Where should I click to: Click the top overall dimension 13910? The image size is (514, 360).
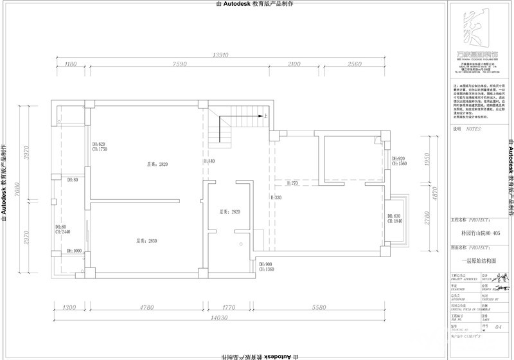click(x=221, y=55)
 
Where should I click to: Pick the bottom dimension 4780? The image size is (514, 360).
click(x=147, y=308)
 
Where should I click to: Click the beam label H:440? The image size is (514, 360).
click(x=209, y=161)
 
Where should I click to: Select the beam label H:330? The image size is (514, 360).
click(x=276, y=198)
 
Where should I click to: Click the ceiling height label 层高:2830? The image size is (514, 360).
click(x=146, y=241)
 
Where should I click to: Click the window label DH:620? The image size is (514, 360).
click(x=98, y=143)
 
